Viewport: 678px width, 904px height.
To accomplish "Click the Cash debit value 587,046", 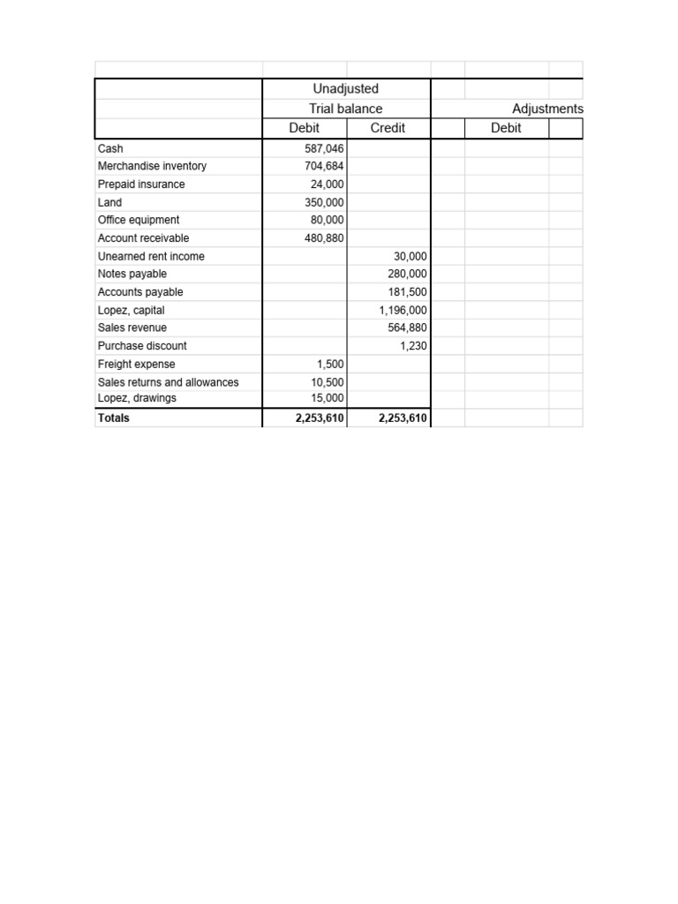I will click(x=323, y=149).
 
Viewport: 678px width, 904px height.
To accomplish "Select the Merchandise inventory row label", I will click(x=152, y=166).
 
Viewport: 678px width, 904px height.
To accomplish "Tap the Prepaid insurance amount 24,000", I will click(x=328, y=185).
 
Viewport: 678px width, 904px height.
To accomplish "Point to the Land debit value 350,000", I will click(x=323, y=202).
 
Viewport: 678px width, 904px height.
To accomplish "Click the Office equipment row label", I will click(x=139, y=220).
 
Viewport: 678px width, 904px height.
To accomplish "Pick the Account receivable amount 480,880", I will click(x=323, y=238).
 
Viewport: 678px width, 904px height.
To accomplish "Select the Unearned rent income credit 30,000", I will click(x=411, y=256).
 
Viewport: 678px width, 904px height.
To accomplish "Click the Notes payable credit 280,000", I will click(x=407, y=274).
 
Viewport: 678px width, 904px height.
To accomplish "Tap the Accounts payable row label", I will click(x=140, y=292).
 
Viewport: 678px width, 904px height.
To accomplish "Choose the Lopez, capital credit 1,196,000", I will click(x=403, y=311).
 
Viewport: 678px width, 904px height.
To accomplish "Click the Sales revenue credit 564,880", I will click(x=407, y=328).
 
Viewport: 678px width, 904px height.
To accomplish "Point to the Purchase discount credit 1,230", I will click(x=414, y=346).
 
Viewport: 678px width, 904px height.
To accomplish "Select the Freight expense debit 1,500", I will click(x=330, y=364).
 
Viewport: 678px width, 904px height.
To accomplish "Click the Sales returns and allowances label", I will click(x=169, y=382).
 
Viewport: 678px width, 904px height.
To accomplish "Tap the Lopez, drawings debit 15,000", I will click(x=328, y=398).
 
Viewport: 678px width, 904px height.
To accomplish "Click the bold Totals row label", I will click(x=114, y=418).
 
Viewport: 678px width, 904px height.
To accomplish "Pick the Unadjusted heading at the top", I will click(x=346, y=89).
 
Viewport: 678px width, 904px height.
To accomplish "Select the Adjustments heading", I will click(x=547, y=109).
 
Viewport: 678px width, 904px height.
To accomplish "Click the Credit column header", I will click(x=388, y=128).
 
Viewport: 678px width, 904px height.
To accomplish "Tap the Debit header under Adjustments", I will click(x=506, y=128).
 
